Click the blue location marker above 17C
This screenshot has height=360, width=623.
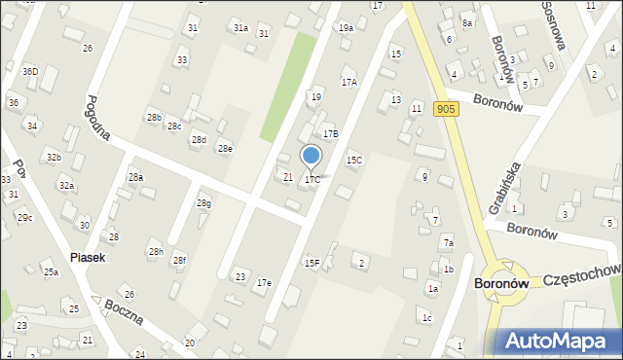coord(311,156)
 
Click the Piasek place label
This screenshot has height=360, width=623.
coord(88,258)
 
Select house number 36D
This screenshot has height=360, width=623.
coord(30,71)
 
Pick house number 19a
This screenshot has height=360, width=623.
coord(346,28)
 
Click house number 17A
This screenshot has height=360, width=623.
coord(348,83)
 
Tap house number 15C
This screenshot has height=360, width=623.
coord(353,160)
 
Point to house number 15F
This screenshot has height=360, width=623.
coord(311,263)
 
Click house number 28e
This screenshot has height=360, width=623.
coord(224,148)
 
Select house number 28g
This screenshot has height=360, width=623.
coord(203,202)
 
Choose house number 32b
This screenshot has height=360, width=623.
coord(54,157)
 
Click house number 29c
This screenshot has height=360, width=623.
coord(24,217)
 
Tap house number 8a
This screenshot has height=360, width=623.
coord(467,22)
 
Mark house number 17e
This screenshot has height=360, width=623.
coord(264,282)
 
